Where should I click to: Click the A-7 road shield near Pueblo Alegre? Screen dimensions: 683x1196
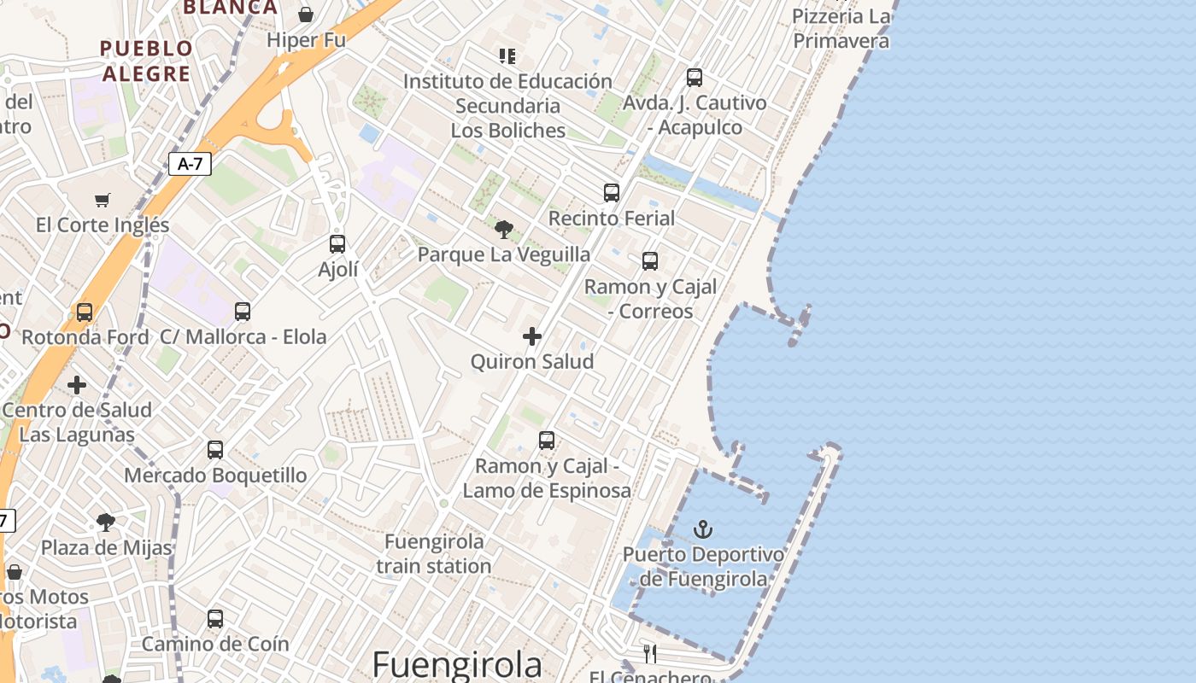190,164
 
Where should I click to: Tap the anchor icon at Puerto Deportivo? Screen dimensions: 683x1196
703,529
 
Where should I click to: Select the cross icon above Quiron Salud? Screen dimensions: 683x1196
532,336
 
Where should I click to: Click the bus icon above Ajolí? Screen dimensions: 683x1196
337,244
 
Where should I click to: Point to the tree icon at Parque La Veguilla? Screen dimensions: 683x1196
504,229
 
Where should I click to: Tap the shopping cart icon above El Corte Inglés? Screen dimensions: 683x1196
103,200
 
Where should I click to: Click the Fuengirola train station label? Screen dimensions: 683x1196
434,553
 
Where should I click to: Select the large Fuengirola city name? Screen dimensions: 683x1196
457,664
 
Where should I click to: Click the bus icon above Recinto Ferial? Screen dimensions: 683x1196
612,193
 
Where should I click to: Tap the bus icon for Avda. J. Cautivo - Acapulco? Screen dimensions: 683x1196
695,78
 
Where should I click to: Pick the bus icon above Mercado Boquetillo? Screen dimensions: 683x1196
215,450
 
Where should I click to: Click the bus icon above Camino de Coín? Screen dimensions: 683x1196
215,619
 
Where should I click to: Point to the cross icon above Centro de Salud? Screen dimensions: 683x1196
77,385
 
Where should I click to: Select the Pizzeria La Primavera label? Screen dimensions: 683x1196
841,28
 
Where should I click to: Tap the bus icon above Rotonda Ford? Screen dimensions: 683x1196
85,312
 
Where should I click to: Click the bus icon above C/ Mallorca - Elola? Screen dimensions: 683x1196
243,312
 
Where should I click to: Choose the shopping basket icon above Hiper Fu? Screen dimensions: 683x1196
306,15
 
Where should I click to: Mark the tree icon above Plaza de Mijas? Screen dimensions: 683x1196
106,522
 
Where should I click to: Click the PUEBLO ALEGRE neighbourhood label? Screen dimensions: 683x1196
146,61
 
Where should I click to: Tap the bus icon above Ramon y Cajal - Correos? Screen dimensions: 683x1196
650,261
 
